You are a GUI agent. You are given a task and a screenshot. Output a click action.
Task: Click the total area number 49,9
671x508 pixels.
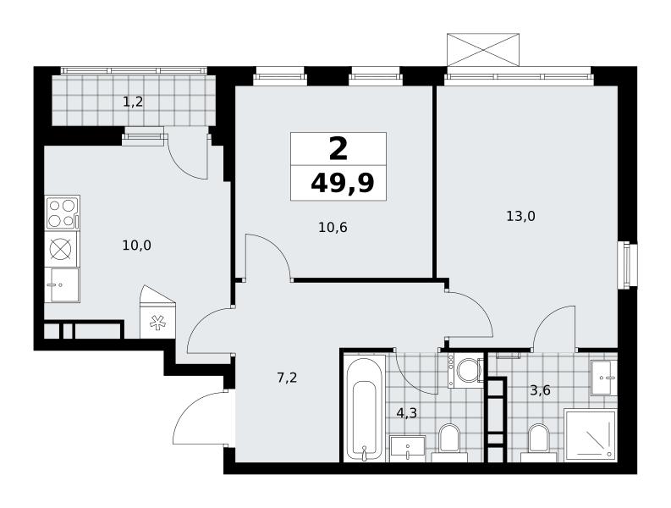point(343,185)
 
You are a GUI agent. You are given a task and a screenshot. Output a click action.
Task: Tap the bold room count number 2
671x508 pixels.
point(338,150)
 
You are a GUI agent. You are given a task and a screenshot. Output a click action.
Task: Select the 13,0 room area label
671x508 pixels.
point(520,217)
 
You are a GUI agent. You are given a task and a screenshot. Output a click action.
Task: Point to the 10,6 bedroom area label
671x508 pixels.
point(333,228)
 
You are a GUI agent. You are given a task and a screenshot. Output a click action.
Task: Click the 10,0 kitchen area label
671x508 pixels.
point(137,246)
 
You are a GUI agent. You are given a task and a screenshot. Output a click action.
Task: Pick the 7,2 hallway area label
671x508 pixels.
point(287,378)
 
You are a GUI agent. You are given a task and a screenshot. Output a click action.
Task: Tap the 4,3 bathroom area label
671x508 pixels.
point(406,413)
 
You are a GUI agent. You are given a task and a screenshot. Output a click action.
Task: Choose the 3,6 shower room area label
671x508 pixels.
point(540,390)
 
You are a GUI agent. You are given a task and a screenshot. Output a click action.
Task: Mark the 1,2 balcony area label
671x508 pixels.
point(133,102)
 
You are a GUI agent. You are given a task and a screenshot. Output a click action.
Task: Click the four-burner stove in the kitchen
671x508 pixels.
point(63,213)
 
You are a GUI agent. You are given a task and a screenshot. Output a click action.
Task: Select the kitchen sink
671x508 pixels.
point(63,284)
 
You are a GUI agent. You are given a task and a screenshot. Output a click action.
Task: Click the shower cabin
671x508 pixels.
point(590,435)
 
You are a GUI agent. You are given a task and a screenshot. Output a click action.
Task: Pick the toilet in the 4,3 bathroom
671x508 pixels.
point(449,443)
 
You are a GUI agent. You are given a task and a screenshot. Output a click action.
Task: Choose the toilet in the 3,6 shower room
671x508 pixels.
point(538,443)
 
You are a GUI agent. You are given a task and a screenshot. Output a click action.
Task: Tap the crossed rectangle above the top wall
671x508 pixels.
point(483,50)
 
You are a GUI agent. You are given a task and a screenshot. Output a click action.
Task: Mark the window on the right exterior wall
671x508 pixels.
point(627,266)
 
